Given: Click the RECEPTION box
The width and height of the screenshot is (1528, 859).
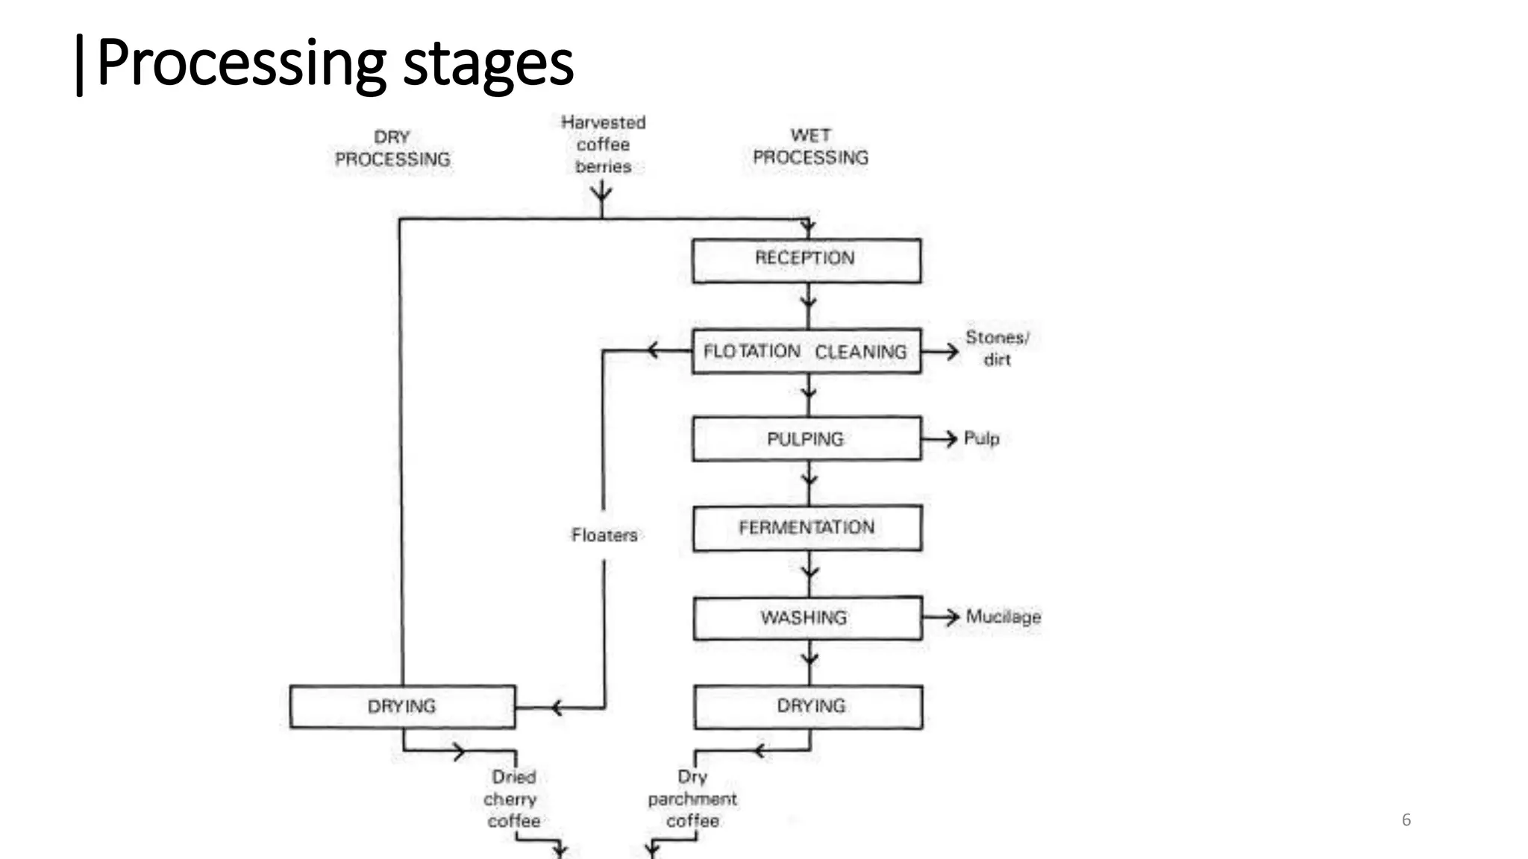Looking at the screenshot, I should (x=806, y=260).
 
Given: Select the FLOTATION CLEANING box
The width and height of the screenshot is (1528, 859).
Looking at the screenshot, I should (x=806, y=350).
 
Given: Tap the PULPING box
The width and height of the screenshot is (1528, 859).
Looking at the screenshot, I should (x=807, y=438).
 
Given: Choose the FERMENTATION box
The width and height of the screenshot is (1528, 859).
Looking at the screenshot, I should (x=807, y=528).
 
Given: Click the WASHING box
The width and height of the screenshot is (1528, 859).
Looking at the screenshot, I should (x=807, y=617).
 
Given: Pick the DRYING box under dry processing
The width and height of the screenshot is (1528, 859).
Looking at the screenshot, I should (x=402, y=706).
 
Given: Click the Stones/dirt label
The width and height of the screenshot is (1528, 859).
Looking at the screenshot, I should (x=997, y=348).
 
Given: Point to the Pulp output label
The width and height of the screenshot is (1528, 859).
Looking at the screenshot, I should (x=981, y=438).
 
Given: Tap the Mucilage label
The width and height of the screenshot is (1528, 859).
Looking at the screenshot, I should (x=1003, y=617).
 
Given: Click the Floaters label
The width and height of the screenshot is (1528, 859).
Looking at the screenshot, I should (x=604, y=535).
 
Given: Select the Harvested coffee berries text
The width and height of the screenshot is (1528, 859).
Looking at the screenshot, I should (x=603, y=144).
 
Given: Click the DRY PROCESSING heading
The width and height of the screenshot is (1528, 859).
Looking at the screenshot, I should (x=392, y=148).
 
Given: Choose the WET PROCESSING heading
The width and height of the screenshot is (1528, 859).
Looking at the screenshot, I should (x=810, y=147).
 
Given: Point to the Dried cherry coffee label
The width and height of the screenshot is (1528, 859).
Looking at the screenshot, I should (x=513, y=799).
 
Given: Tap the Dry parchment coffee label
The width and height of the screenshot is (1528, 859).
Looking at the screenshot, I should (x=692, y=799).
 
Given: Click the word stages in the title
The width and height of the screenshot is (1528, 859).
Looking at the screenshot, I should (x=488, y=64).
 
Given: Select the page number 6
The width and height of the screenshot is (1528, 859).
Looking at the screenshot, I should (x=1406, y=819).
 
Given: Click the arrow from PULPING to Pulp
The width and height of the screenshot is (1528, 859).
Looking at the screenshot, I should (x=940, y=438).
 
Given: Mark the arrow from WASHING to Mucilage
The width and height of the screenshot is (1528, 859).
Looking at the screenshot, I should (x=941, y=617).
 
